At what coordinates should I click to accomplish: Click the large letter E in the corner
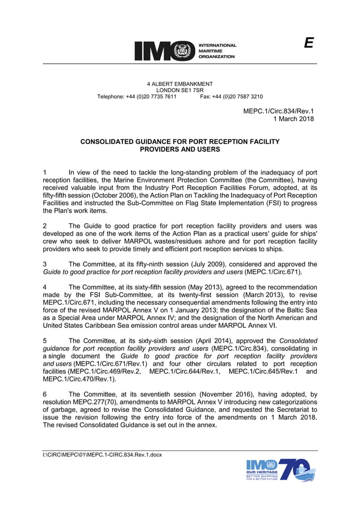[x=308, y=43]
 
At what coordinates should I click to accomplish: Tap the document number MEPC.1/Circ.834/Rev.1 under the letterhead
[x=278, y=112]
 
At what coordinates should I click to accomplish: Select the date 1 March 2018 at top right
[x=293, y=119]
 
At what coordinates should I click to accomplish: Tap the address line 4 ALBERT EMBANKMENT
[x=179, y=84]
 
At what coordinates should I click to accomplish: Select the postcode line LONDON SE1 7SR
[x=179, y=90]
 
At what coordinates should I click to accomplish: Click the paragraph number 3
[x=45, y=264]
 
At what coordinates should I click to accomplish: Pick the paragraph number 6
[x=45, y=395]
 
